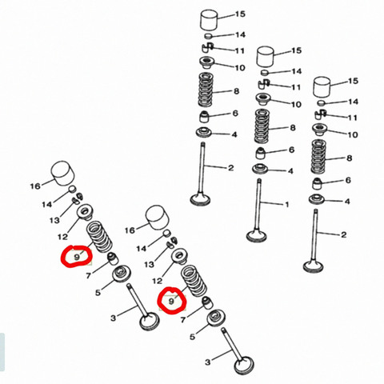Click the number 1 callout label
pos(286,205)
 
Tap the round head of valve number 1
pos(257,235)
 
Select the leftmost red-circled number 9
pos(77,258)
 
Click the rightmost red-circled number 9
pos(171,302)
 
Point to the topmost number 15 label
pos(240,14)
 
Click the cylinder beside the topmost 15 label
pos(210,20)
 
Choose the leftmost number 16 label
pos(35,186)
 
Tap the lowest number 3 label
pos(208,362)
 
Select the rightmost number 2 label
pos(344,234)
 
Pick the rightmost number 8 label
pos(350,158)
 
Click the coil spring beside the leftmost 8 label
pos(205,90)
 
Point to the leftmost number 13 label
pos(54,221)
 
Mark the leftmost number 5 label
pos(98,293)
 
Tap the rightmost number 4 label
pos(347,202)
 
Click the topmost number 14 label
pos(240,34)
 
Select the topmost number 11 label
pos(239,50)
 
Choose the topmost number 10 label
pos(240,68)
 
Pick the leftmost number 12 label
pos(62,237)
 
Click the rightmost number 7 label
pos(183,319)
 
